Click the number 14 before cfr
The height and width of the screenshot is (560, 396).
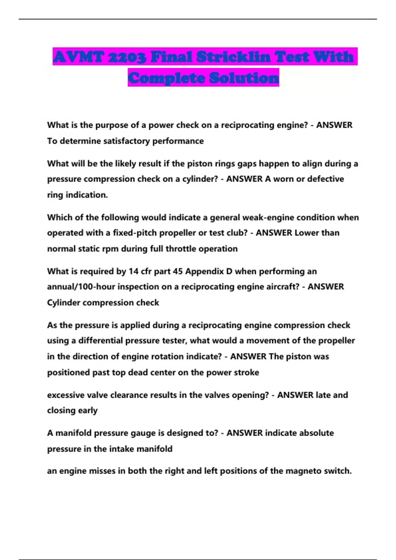pos(133,271)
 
